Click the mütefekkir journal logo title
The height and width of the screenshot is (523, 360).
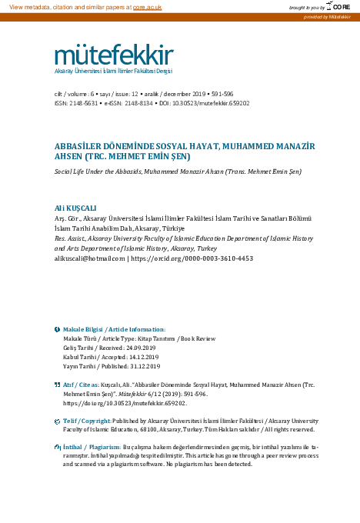coord(114,55)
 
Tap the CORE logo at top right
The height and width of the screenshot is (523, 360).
coord(339,6)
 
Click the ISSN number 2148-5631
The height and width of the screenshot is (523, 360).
coord(82,102)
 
